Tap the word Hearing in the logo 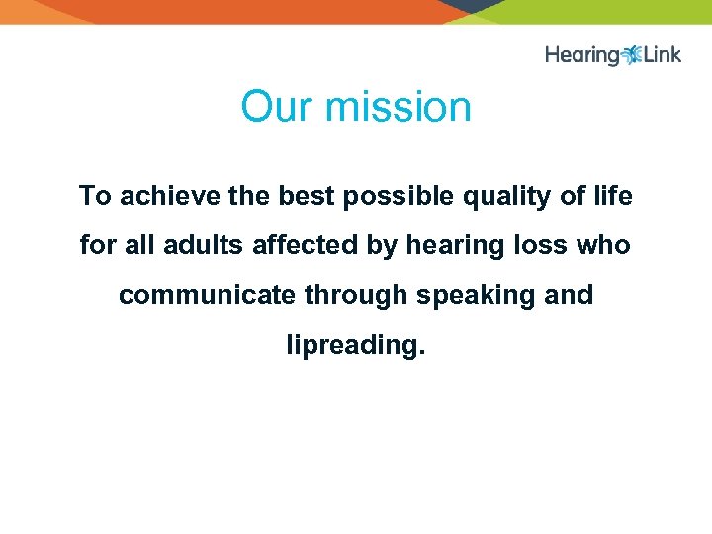point(581,55)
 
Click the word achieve point(171,196)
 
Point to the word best point(306,196)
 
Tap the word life point(612,196)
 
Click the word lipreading point(355,346)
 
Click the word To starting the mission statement point(95,196)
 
